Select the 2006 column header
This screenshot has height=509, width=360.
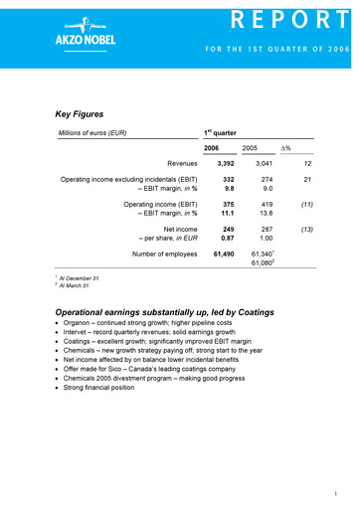[211, 148]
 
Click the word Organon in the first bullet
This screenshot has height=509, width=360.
[84, 325]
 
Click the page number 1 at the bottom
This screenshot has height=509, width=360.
[338, 494]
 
